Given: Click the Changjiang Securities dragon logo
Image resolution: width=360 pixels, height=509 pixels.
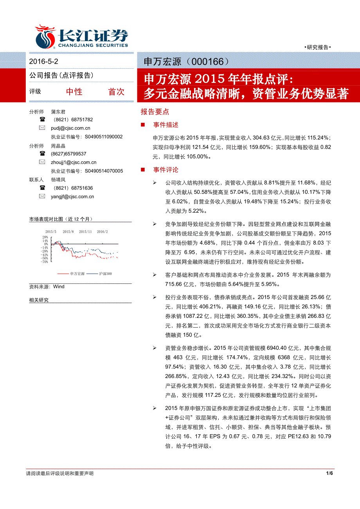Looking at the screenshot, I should (x=45, y=36).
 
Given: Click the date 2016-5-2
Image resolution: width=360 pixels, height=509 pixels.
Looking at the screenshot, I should (x=44, y=61).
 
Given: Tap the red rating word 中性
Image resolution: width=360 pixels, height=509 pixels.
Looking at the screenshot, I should (x=74, y=91).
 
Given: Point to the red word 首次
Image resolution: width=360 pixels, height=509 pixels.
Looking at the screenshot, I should (x=116, y=91).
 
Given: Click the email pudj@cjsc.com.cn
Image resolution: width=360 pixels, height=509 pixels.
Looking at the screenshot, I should (x=70, y=128).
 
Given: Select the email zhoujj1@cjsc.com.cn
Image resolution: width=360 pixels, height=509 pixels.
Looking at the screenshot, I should (x=74, y=162).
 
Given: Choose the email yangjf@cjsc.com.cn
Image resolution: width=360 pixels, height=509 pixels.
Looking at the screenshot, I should (x=72, y=197).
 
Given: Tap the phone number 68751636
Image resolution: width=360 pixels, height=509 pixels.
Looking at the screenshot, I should (x=82, y=188).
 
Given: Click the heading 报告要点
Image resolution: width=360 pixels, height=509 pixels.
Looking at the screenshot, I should (x=155, y=112).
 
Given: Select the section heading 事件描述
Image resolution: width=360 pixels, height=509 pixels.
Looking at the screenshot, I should (x=166, y=125).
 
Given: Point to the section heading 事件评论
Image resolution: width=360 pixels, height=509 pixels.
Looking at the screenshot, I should (x=166, y=170).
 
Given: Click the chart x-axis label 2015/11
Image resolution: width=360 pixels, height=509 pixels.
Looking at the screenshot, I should (x=85, y=231).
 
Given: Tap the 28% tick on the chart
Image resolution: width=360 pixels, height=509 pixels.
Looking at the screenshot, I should (x=45, y=237).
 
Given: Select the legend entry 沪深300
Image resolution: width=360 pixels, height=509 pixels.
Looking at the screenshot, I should (x=105, y=274).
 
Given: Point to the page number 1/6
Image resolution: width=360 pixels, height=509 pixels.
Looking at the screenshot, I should (x=329, y=473).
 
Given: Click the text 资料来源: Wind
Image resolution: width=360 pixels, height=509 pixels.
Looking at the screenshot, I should (x=47, y=287).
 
